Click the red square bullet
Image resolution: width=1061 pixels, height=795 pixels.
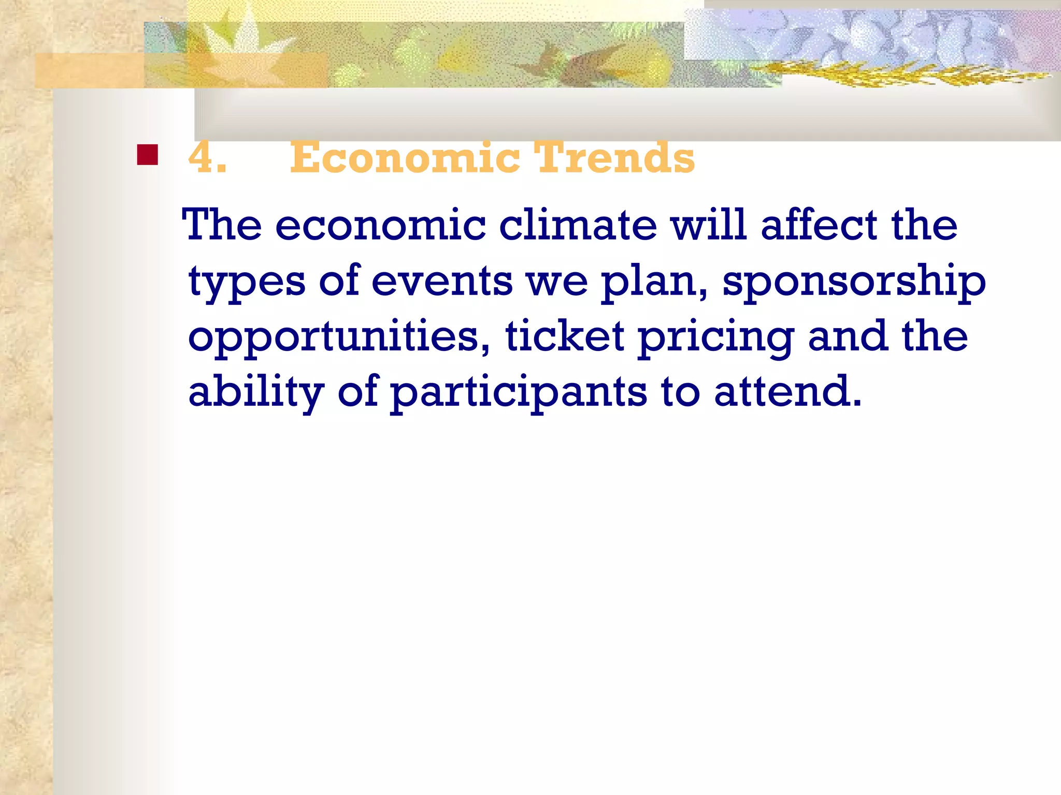tap(148, 155)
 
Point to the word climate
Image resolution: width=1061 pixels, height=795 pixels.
tap(578, 225)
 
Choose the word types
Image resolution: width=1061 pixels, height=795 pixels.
tap(247, 282)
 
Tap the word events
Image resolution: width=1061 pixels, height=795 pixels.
tap(442, 281)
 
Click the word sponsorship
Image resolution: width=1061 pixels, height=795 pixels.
tap(854, 282)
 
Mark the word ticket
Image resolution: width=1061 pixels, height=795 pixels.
tap(565, 336)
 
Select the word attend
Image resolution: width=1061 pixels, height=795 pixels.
tap(787, 392)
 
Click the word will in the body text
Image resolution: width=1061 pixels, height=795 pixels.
tap(709, 225)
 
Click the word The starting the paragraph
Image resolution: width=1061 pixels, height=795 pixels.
tap(222, 225)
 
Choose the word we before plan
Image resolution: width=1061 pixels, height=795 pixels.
tap(557, 282)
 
